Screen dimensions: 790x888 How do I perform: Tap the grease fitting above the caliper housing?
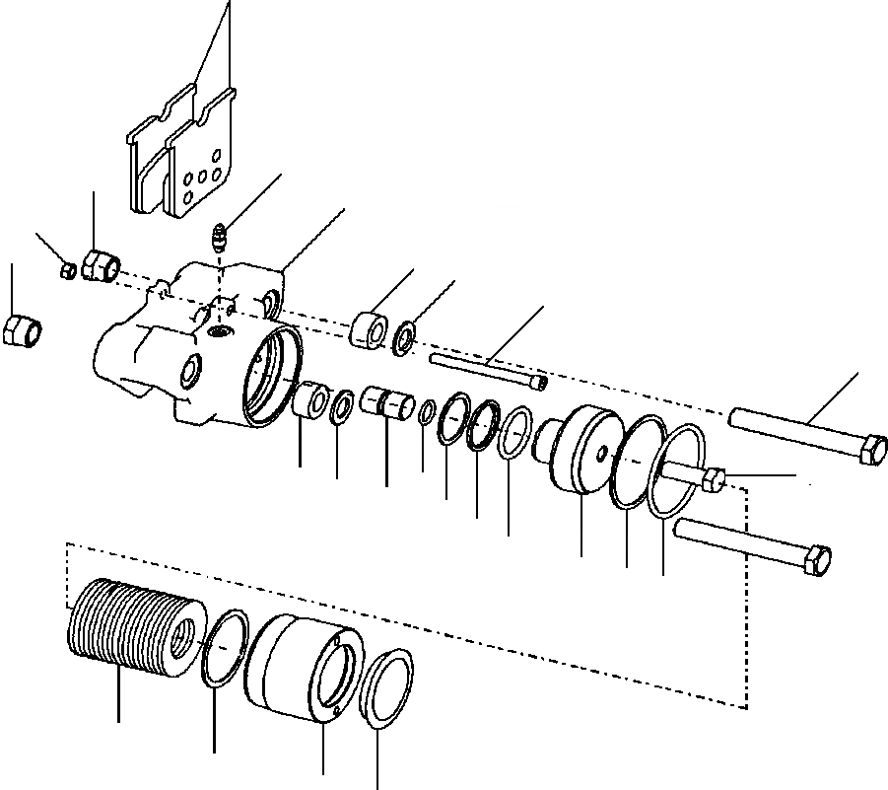pos(222,240)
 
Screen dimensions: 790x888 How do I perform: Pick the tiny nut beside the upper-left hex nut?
pos(68,269)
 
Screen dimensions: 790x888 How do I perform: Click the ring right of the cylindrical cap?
pos(386,682)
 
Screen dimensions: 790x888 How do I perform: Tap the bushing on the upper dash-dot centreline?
pos(370,329)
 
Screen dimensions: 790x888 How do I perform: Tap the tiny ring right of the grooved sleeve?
pos(427,411)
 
